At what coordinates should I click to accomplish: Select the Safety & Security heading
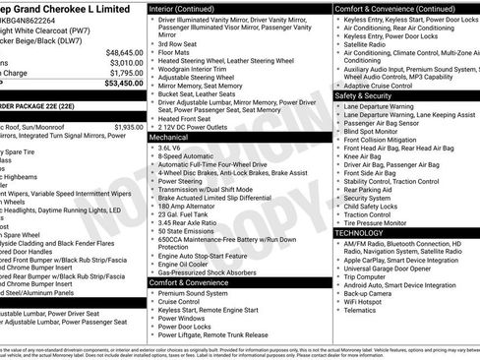(x=369, y=96)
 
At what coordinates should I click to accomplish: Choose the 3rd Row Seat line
(x=180, y=44)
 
